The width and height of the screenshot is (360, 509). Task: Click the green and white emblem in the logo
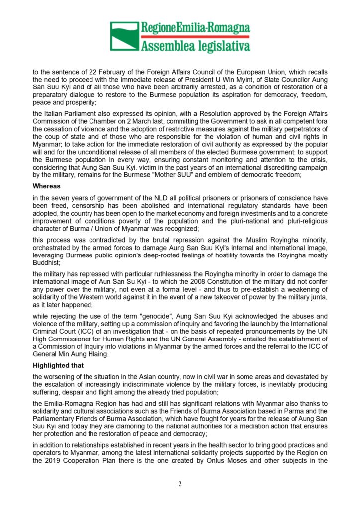pyautogui.click(x=123, y=37)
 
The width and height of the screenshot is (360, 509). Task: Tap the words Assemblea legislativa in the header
pyautogui.click(x=195, y=46)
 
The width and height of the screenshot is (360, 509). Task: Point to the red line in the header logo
pyautogui.click(x=195, y=37)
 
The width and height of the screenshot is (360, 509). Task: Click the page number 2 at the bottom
pyautogui.click(x=180, y=484)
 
